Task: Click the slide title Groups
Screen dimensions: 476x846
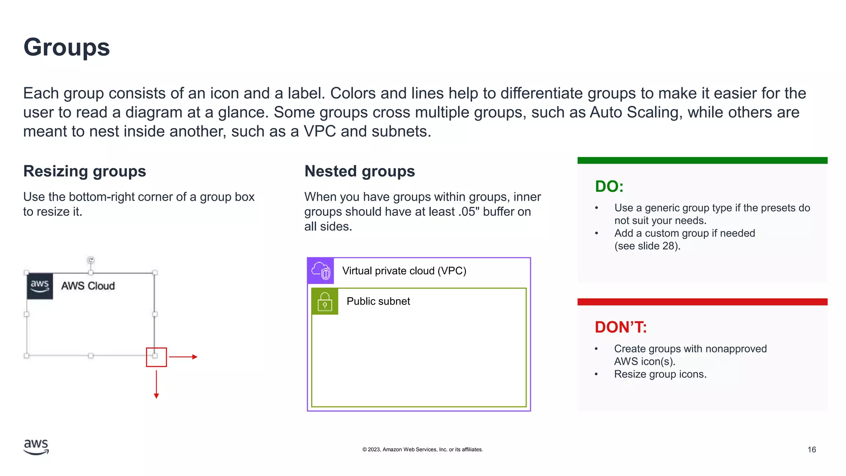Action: (x=67, y=47)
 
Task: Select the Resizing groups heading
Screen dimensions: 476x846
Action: (x=85, y=171)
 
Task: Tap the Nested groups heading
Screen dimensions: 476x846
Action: (x=359, y=171)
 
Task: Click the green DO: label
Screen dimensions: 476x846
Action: (x=609, y=186)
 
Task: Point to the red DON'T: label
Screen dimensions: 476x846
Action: (x=620, y=327)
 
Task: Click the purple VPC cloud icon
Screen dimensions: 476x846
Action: (x=321, y=271)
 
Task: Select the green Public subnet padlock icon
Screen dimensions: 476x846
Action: (x=325, y=301)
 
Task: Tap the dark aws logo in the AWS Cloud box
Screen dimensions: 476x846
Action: (x=40, y=286)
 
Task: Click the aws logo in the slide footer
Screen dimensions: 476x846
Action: (x=36, y=447)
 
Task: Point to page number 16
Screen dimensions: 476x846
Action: (x=811, y=450)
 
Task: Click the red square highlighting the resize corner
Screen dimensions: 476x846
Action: (x=156, y=357)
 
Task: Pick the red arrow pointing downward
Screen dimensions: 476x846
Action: (x=156, y=384)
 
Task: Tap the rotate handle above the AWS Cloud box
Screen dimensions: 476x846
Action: (x=91, y=260)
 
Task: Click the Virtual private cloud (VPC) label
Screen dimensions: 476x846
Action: (x=404, y=271)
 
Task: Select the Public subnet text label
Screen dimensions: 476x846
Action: (x=378, y=301)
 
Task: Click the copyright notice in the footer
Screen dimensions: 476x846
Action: (x=423, y=450)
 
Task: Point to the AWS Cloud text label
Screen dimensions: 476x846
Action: (x=88, y=286)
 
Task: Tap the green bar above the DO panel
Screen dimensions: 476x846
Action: (x=702, y=160)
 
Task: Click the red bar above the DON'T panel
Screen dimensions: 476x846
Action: (x=702, y=302)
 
